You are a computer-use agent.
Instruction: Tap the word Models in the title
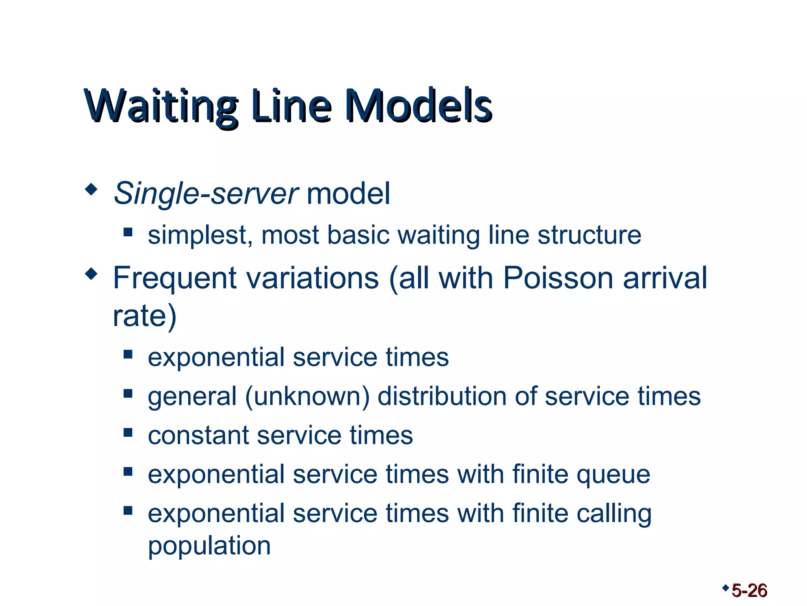(418, 106)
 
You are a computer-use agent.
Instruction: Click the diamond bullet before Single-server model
(91, 190)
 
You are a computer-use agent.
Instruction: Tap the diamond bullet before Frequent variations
(91, 274)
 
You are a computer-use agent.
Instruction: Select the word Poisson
(558, 278)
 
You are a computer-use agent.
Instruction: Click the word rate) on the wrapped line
(144, 316)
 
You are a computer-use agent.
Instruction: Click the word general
(192, 397)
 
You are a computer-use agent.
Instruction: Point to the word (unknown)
(307, 396)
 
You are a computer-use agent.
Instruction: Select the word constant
(198, 436)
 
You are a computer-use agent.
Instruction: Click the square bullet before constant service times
(128, 432)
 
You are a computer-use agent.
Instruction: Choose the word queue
(613, 475)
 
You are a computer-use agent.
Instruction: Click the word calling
(614, 514)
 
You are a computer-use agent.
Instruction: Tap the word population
(209, 546)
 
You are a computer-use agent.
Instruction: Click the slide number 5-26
(749, 591)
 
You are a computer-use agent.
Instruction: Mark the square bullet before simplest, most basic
(128, 232)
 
